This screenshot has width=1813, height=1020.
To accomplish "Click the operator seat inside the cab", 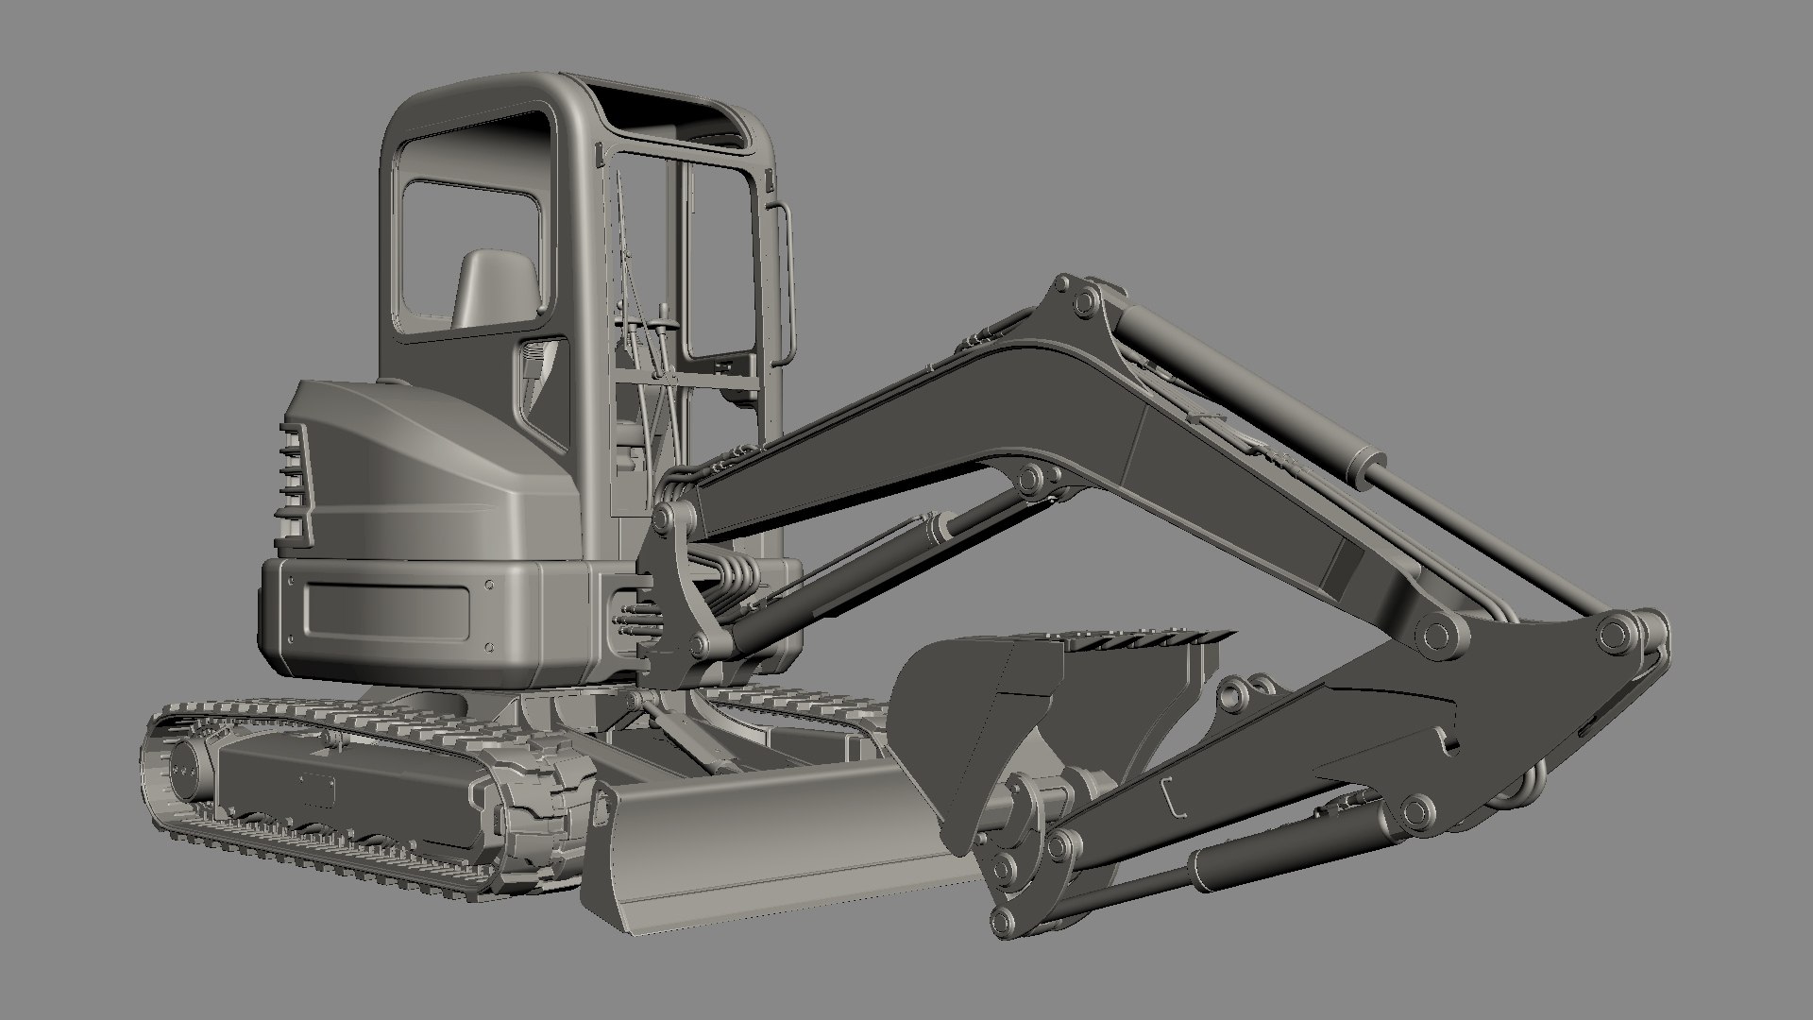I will (x=496, y=288).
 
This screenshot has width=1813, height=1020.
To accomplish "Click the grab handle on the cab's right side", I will (x=783, y=283).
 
